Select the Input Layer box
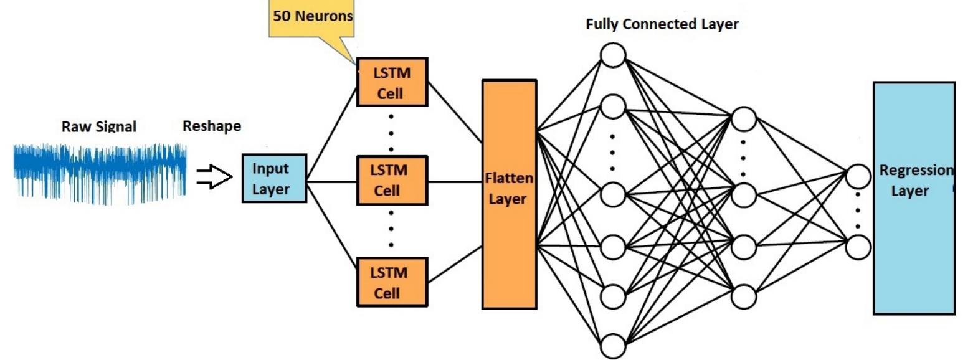(274, 178)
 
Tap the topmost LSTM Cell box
(392, 82)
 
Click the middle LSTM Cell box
(392, 180)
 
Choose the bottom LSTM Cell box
(392, 282)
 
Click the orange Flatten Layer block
(509, 194)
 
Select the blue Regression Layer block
(914, 198)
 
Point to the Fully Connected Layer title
(662, 24)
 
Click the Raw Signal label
(98, 126)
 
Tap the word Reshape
(211, 126)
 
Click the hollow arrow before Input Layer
(214, 176)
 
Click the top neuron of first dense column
(613, 55)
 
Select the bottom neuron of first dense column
(613, 346)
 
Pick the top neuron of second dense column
(743, 119)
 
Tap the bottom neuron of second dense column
(743, 296)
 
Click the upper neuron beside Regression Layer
(858, 177)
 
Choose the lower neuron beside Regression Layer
(858, 247)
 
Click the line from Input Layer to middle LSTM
(331, 182)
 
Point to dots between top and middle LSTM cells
(391, 133)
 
